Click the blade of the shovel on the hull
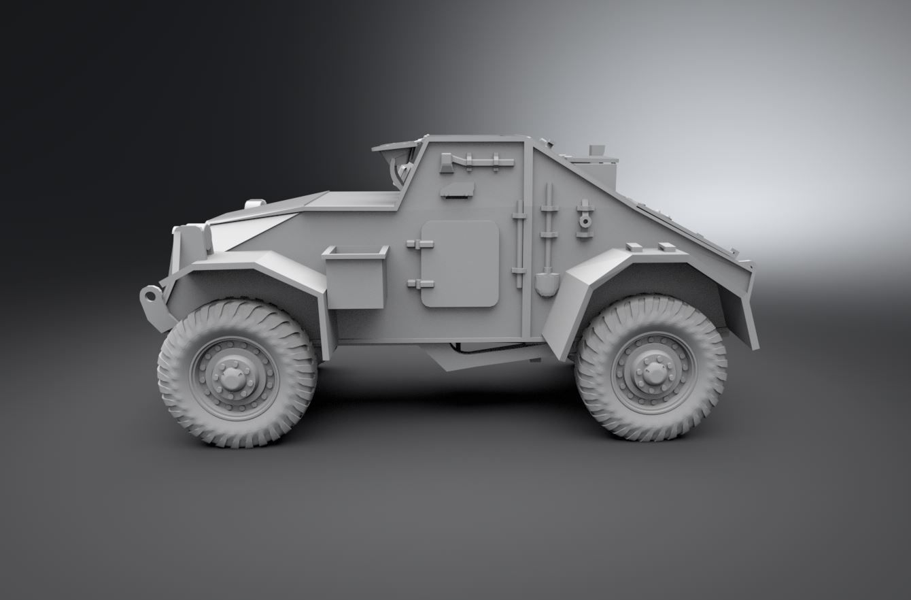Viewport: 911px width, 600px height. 547,283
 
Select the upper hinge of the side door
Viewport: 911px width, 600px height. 419,244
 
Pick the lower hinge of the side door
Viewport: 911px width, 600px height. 419,283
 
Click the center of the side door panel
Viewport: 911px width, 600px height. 460,263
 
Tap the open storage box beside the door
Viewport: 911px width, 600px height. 355,276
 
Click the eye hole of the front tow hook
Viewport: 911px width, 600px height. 150,296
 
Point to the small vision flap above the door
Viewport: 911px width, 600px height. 457,190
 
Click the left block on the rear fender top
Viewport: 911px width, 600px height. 633,247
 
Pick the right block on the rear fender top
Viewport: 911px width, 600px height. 667,248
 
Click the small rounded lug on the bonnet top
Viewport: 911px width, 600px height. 255,203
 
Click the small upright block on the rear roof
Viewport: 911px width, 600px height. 597,150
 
